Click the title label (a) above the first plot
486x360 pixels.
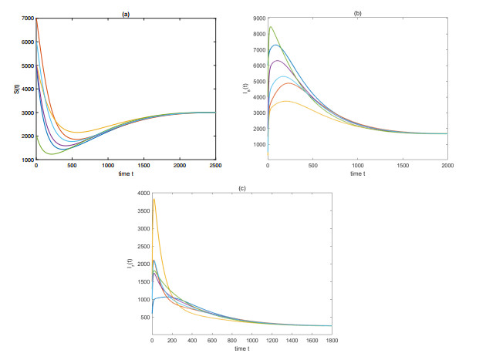(x=126, y=12)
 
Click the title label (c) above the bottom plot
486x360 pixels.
(x=242, y=188)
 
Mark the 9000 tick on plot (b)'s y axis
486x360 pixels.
(x=258, y=18)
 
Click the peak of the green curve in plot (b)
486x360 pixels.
(x=271, y=27)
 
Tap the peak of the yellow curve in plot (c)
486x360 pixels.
(x=154, y=200)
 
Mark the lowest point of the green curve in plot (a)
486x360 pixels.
(x=52, y=154)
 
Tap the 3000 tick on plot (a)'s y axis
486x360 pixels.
(x=27, y=113)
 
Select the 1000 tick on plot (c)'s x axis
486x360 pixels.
(x=251, y=340)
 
